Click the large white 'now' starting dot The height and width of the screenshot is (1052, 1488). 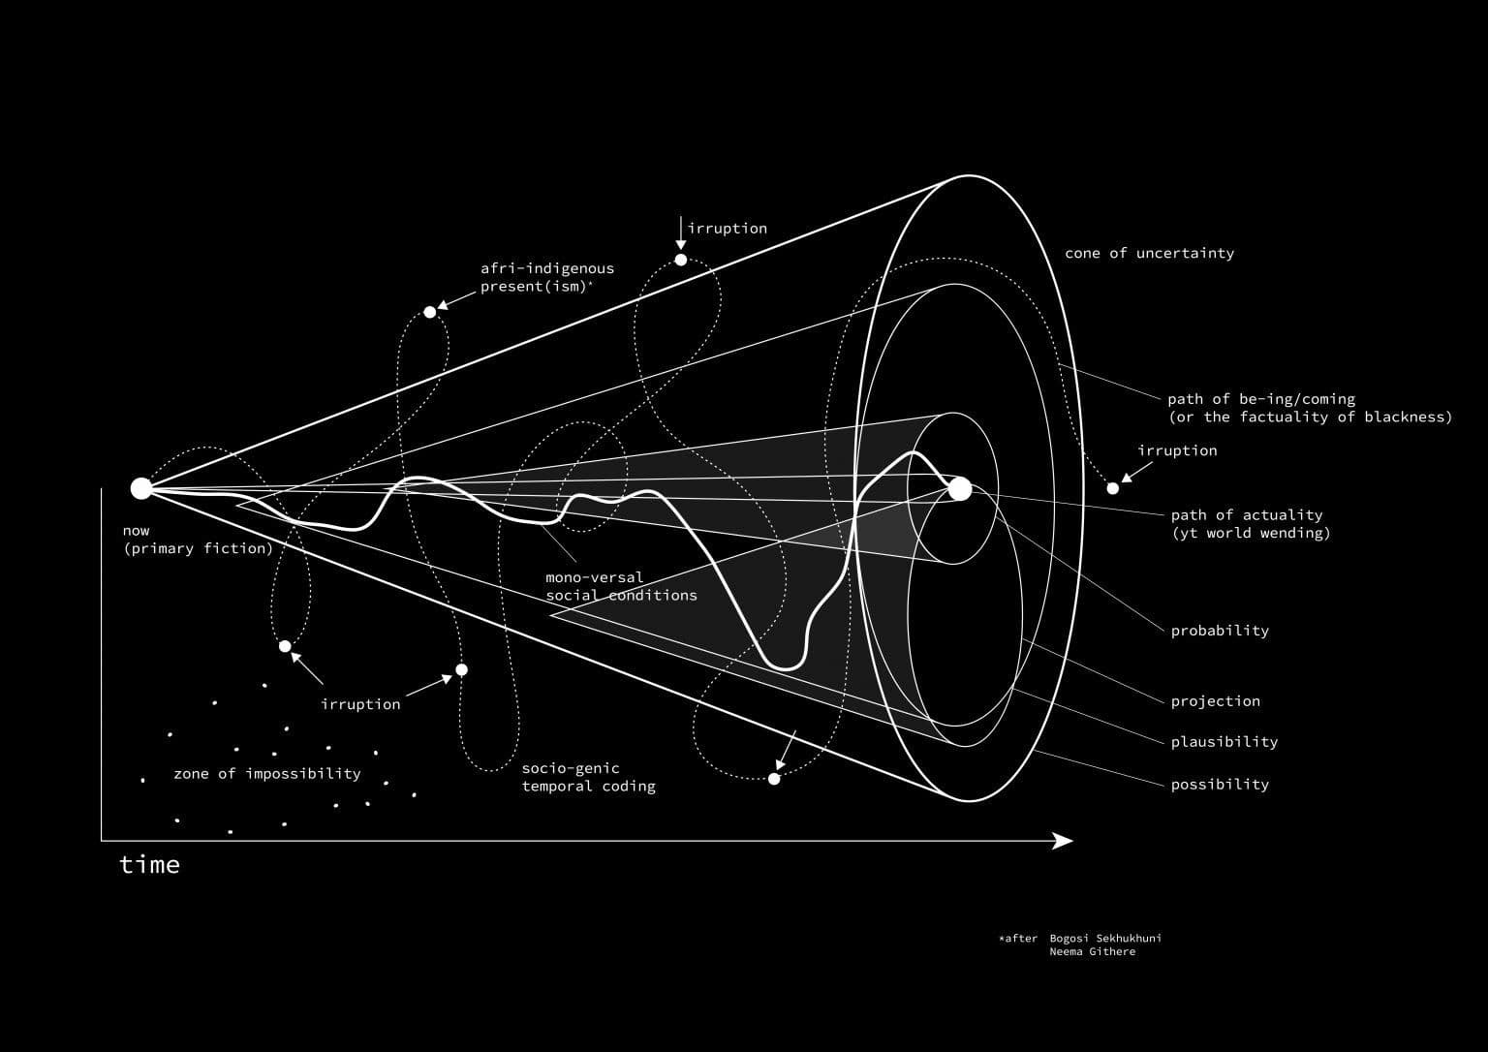click(x=140, y=488)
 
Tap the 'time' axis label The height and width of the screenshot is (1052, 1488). click(x=149, y=865)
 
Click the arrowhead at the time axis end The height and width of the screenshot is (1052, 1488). click(x=1063, y=841)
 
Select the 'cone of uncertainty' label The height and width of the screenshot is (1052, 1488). click(x=1149, y=253)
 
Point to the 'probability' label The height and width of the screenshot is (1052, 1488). click(x=1220, y=631)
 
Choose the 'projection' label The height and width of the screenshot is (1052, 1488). click(x=1215, y=700)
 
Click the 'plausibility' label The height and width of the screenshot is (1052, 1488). click(x=1224, y=742)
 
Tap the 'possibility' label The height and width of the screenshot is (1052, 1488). click(x=1220, y=785)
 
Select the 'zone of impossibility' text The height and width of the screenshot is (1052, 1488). click(x=267, y=774)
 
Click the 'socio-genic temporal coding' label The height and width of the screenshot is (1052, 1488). click(x=589, y=777)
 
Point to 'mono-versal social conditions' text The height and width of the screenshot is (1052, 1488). click(x=622, y=586)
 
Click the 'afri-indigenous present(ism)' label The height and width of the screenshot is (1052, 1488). click(x=547, y=278)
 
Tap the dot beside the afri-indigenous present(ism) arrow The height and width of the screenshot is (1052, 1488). click(x=430, y=312)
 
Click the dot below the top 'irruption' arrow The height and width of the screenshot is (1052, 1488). click(x=681, y=261)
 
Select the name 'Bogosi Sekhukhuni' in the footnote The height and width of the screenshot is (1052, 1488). click(x=1105, y=938)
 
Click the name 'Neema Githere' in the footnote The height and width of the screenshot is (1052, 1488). click(x=1093, y=951)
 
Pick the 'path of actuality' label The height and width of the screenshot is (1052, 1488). click(x=1247, y=514)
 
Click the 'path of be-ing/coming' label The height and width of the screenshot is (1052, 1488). click(x=1261, y=399)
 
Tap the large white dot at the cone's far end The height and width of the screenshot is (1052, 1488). click(x=959, y=489)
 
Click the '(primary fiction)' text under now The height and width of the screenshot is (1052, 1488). click(x=198, y=548)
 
